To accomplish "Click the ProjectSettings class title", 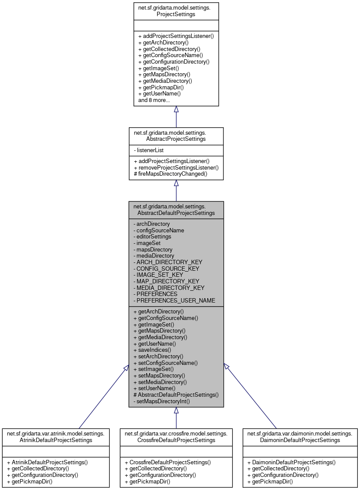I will tap(176, 11).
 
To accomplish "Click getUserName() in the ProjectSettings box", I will tap(159, 94).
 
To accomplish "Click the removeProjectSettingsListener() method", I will tap(176, 167).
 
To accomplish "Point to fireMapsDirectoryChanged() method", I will tap(170, 174).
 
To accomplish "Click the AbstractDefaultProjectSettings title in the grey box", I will tap(176, 210).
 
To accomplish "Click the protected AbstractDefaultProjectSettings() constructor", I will tap(176, 395).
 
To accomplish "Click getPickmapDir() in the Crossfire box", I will tap(147, 481).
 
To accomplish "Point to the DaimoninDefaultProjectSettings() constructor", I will tap(291, 462).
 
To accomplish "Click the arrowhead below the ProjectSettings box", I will tap(176, 109).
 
